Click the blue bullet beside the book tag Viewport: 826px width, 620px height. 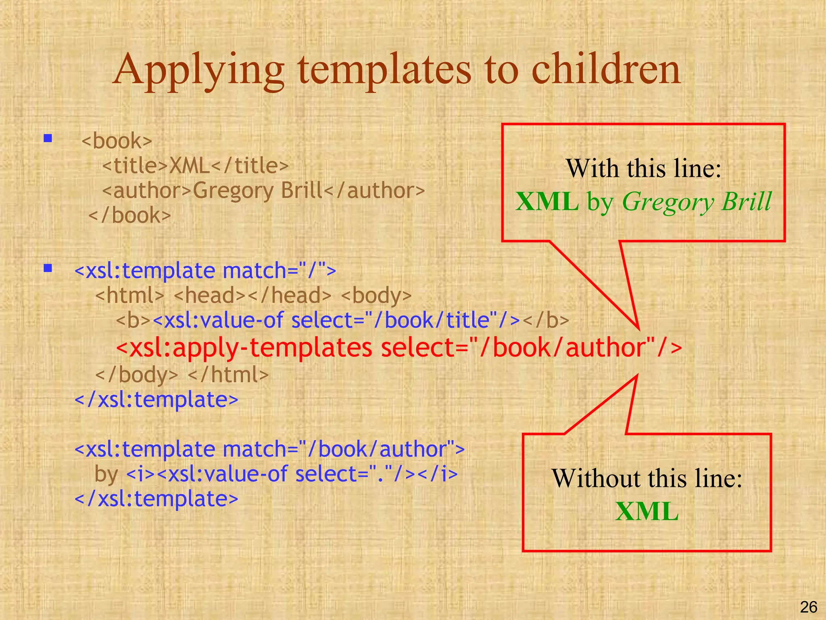pyautogui.click(x=48, y=139)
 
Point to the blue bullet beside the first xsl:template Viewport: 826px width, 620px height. pyautogui.click(x=48, y=268)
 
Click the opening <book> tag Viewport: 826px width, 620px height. pyautogui.click(x=117, y=141)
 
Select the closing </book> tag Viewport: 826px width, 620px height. pyautogui.click(x=129, y=215)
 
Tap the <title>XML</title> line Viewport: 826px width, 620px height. pyautogui.click(x=196, y=165)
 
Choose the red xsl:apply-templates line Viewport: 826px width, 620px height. pyautogui.click(x=399, y=348)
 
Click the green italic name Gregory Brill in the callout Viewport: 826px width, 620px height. pyautogui.click(x=697, y=201)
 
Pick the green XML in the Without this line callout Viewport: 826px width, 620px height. pyautogui.click(x=647, y=511)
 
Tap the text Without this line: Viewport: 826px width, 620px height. pyautogui.click(x=647, y=478)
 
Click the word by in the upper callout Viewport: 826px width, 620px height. pyautogui.click(x=600, y=201)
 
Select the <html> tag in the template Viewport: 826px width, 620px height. pyautogui.click(x=130, y=295)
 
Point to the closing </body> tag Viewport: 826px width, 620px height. pyautogui.click(x=136, y=375)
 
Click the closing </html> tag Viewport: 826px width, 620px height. pyautogui.click(x=228, y=375)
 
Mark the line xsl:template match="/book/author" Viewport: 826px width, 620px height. pyautogui.click(x=269, y=449)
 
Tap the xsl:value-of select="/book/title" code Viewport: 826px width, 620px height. pyautogui.click(x=336, y=320)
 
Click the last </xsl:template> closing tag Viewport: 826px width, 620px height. pyautogui.click(x=156, y=499)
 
